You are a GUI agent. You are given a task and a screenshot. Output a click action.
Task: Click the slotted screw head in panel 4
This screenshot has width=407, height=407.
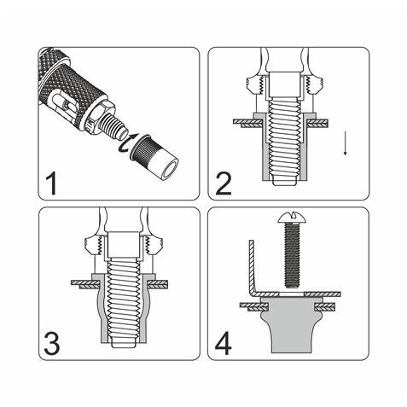(x=285, y=220)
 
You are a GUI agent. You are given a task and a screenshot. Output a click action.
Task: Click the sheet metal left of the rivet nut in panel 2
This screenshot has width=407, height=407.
(x=246, y=122)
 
